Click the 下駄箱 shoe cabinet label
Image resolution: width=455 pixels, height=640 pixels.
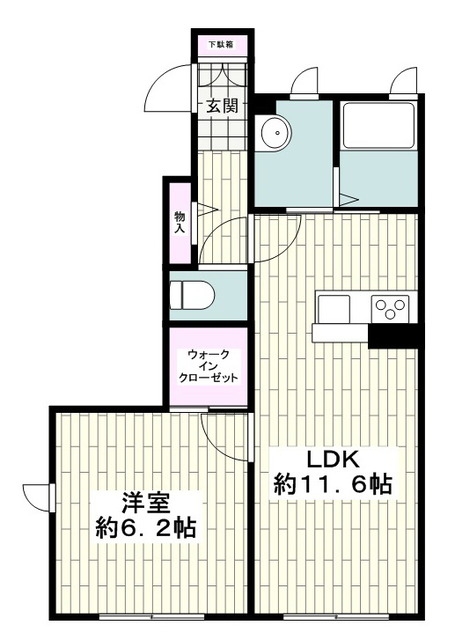[221, 44]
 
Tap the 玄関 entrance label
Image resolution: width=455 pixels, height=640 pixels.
[222, 106]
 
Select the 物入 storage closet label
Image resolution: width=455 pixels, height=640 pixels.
[180, 222]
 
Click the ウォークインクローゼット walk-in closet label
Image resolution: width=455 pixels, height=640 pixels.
[208, 366]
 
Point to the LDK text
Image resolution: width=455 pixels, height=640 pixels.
[333, 460]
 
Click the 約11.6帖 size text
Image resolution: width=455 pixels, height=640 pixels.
[333, 485]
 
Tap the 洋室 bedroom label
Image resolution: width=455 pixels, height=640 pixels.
[146, 502]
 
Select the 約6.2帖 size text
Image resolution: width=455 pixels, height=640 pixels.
[146, 528]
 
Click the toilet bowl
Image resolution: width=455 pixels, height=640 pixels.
[192, 295]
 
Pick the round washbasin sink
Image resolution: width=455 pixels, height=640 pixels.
[276, 132]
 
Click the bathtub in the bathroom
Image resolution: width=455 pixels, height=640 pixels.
[378, 125]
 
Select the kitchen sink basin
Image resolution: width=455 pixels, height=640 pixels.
[334, 309]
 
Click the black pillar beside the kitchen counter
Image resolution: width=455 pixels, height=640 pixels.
[393, 336]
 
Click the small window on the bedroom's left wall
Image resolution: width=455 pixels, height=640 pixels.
[51, 498]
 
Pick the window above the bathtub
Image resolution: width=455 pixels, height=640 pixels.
[403, 97]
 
